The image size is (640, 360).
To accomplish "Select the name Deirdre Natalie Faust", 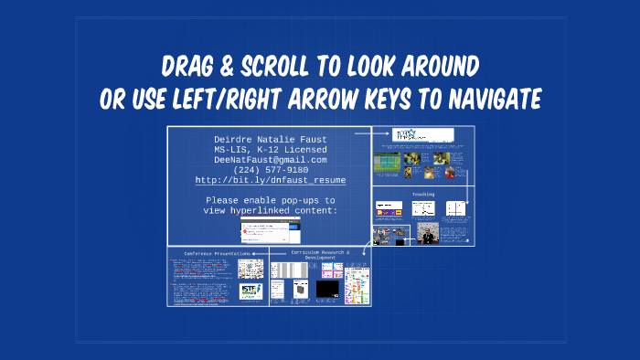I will [270, 140].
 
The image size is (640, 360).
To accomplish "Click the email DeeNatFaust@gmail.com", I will [270, 160].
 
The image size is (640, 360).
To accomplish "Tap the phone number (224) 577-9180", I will [270, 170].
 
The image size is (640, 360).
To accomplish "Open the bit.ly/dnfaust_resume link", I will [270, 181].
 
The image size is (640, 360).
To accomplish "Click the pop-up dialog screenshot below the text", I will [272, 229].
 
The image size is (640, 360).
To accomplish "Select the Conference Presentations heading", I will [217, 252].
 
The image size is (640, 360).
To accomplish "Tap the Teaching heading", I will [423, 194].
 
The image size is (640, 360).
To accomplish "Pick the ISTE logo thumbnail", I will [250, 291].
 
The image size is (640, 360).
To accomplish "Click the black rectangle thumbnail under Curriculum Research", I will [327, 290].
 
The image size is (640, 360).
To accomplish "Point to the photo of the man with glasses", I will [427, 235].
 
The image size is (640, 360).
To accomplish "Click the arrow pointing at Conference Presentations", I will [258, 252].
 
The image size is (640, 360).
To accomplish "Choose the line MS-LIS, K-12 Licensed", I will [270, 150].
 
